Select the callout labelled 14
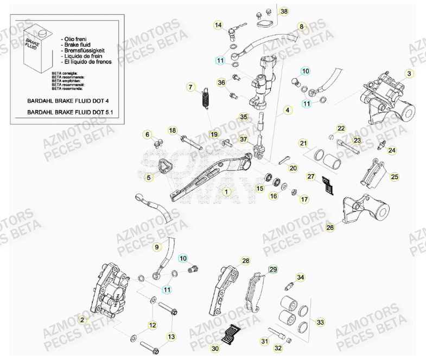point(218,25)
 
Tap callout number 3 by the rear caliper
point(410,73)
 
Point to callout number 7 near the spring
point(190,87)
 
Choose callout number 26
point(330,228)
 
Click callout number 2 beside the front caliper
point(82,320)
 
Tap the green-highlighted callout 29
point(274,269)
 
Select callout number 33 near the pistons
point(320,323)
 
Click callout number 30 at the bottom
point(215,348)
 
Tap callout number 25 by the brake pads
point(395,177)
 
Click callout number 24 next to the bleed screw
point(392,150)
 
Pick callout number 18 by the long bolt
point(172,131)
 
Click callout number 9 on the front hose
point(157,247)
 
